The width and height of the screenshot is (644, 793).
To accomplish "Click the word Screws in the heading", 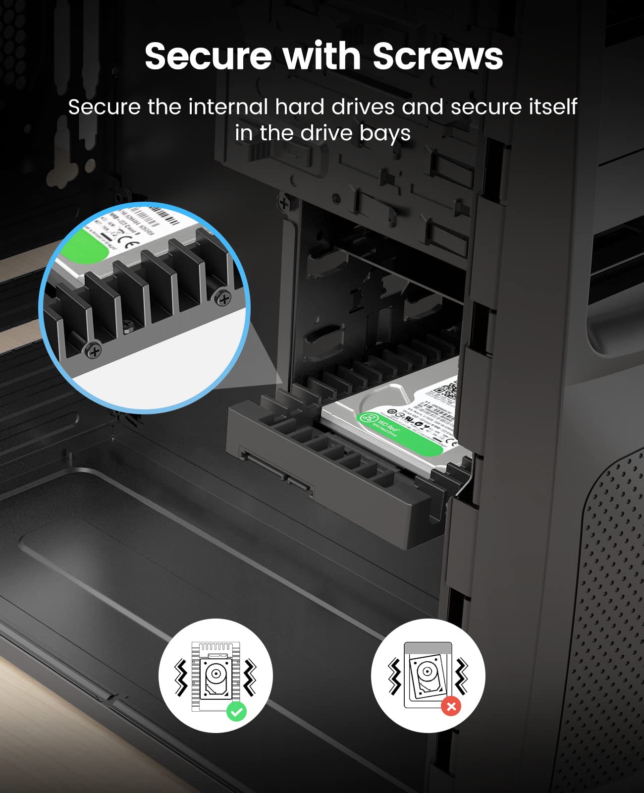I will coord(437,56).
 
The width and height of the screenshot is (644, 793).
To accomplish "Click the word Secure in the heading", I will coord(208,56).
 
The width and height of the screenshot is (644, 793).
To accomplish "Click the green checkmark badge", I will coord(237,712).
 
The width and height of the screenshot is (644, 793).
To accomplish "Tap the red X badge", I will coord(451,706).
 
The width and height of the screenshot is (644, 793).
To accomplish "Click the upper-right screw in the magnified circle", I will coord(224,299).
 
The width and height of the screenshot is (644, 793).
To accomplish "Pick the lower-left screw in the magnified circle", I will coord(93,351).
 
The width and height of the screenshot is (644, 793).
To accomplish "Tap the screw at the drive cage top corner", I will coord(284,203).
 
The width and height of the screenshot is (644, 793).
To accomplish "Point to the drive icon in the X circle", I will coord(427,674).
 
